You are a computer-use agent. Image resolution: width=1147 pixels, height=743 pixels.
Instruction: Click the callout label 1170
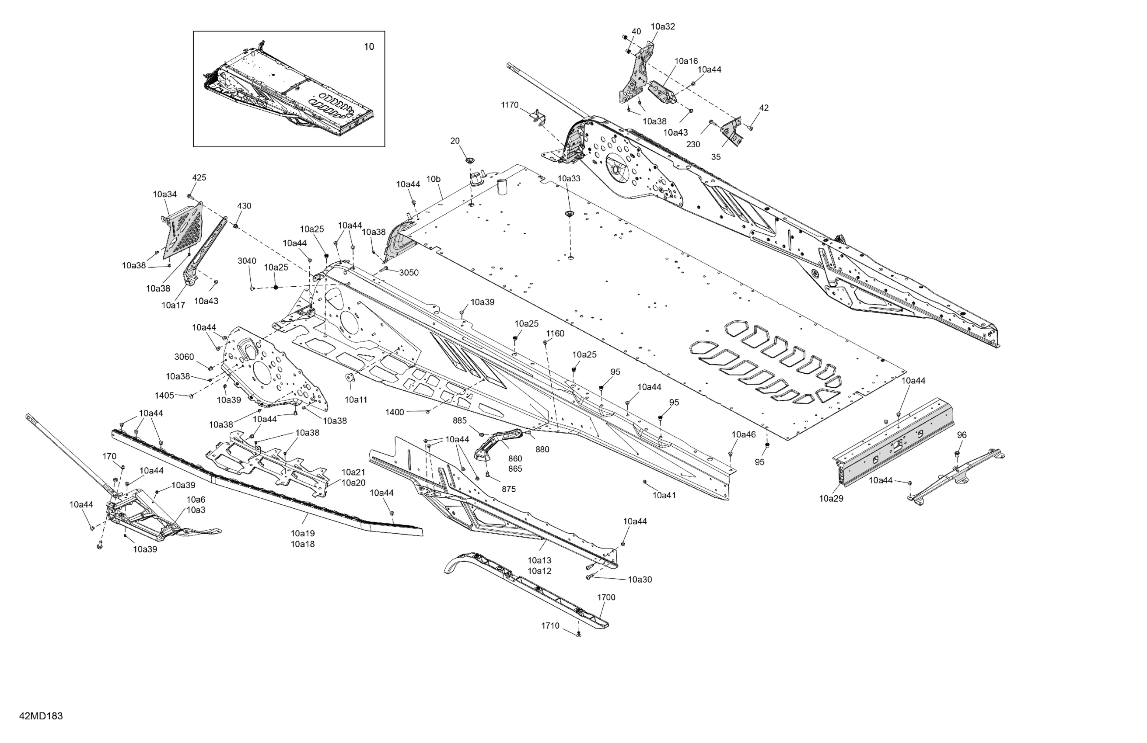[x=509, y=104]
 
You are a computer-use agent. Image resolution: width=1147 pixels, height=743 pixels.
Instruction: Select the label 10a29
[x=831, y=498]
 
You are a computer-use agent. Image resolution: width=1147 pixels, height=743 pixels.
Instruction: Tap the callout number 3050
[x=409, y=273]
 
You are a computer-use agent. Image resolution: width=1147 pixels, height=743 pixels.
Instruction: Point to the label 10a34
[x=165, y=194]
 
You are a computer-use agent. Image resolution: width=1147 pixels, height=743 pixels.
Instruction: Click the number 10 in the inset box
[x=369, y=47]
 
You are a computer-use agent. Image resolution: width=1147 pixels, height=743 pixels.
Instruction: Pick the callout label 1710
[x=550, y=625]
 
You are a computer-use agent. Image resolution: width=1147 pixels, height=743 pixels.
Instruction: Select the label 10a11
[x=356, y=399]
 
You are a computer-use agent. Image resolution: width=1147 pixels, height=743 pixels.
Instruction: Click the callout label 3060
[x=184, y=357]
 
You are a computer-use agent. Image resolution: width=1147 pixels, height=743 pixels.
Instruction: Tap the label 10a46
[x=744, y=434]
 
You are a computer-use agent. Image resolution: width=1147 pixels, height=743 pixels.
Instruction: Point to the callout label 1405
[x=164, y=396]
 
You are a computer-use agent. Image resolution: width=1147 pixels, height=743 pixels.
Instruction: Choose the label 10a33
[x=569, y=178]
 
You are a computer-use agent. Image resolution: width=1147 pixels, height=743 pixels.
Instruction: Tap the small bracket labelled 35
[x=733, y=132]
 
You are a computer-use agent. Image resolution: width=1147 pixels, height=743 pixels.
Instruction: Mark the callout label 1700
[x=606, y=597]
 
